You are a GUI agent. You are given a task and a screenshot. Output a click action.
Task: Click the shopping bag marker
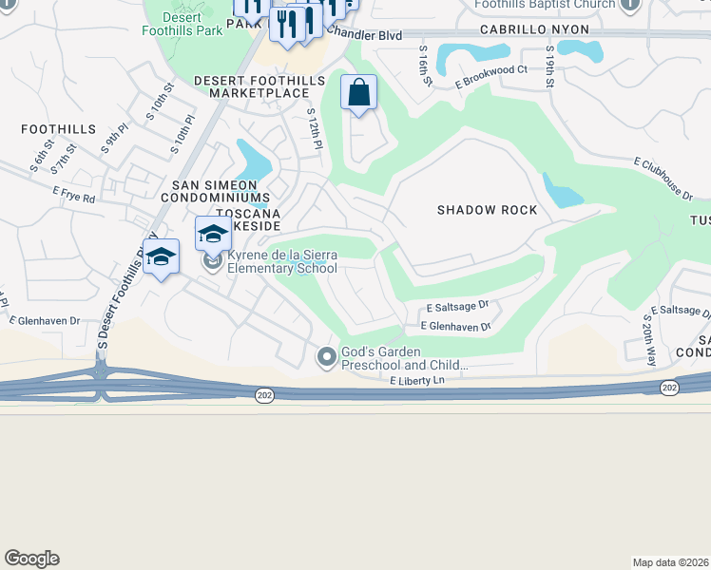[359, 93]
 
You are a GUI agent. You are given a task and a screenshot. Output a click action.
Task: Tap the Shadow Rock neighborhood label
[487, 210]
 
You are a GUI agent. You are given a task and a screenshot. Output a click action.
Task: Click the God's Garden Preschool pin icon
[327, 357]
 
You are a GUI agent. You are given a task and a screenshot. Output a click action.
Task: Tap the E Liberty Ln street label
[417, 380]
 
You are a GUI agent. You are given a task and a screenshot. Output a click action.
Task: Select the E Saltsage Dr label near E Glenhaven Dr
[457, 307]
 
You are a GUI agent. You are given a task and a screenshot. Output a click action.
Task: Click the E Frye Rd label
[75, 199]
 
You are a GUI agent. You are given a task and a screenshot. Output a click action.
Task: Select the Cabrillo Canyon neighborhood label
[534, 30]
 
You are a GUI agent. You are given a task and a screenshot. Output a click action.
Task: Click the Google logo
[31, 559]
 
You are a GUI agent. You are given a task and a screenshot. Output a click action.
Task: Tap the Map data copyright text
[670, 562]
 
